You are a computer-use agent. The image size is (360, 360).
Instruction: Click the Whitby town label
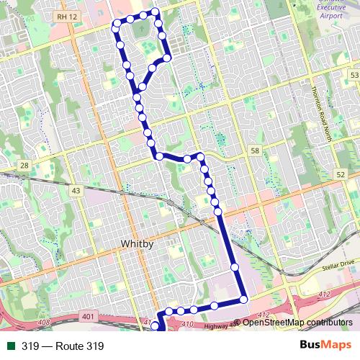point(138,244)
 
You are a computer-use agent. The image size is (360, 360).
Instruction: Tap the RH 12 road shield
point(65,16)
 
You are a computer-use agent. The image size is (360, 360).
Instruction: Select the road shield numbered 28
point(24,166)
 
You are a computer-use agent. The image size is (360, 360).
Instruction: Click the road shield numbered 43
point(76,190)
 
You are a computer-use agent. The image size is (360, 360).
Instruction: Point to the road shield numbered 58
point(255,150)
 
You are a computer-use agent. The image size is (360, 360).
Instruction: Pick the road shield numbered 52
point(341,175)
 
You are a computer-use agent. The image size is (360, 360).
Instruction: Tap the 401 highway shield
point(89,315)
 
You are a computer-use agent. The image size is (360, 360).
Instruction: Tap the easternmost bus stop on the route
point(243,299)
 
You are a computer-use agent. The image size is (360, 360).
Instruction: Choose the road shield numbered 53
point(354,76)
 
